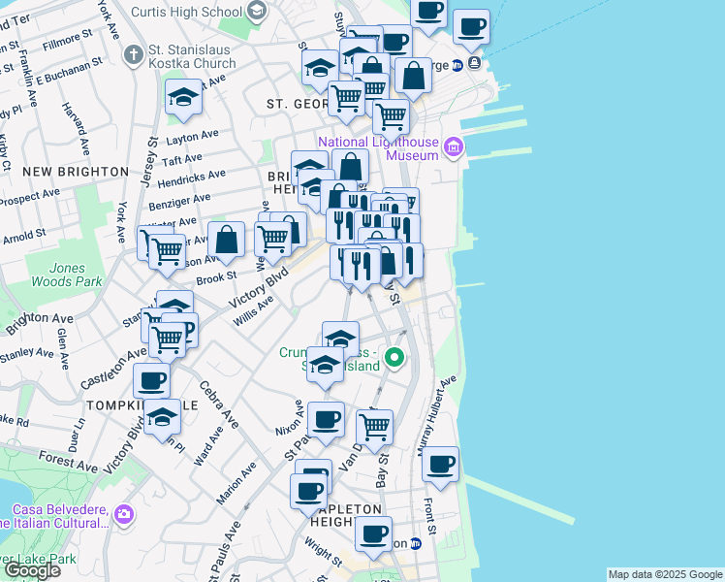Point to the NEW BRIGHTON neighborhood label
(76, 172)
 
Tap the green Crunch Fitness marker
(394, 358)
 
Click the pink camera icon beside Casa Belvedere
(122, 513)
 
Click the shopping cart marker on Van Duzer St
(374, 425)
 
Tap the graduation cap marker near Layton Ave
(182, 97)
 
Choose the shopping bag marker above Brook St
(226, 240)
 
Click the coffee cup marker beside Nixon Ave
(326, 419)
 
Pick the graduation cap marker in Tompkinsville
(163, 417)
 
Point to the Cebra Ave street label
(218, 404)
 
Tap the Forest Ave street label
(68, 460)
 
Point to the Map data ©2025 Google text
(664, 574)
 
